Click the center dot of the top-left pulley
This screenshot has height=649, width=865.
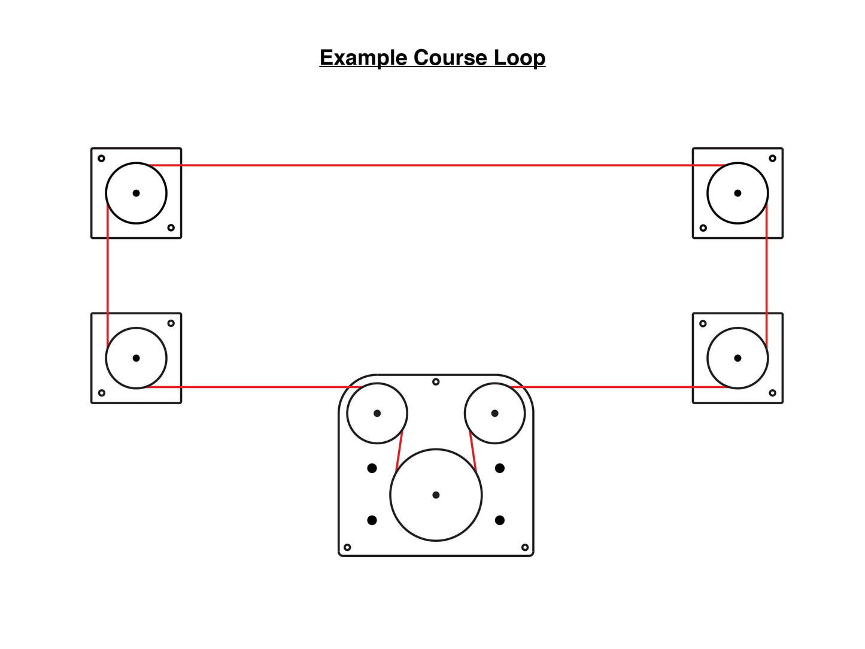coord(136,193)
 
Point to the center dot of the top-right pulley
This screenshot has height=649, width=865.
coord(737,193)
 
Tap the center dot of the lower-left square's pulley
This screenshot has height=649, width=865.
coord(136,358)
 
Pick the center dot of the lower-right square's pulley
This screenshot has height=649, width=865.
coord(737,358)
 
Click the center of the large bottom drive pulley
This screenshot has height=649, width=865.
coord(436,495)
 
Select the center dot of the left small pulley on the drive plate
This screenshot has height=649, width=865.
coord(377,413)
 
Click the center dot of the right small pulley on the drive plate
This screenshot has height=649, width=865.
coord(494,413)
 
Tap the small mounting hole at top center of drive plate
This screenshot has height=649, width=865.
coord(436,381)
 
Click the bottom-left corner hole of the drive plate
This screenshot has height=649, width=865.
coord(347,547)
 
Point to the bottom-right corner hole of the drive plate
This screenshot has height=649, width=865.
coord(525,547)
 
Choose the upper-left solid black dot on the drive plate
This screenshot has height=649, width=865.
coord(372,468)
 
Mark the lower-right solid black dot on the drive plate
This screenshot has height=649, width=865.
coord(500,520)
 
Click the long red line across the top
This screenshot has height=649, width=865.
coord(437,165)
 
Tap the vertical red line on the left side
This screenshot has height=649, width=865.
coord(108,275)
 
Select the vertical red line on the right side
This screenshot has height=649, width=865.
coord(766,275)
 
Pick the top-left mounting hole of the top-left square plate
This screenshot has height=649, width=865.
coord(101,158)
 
